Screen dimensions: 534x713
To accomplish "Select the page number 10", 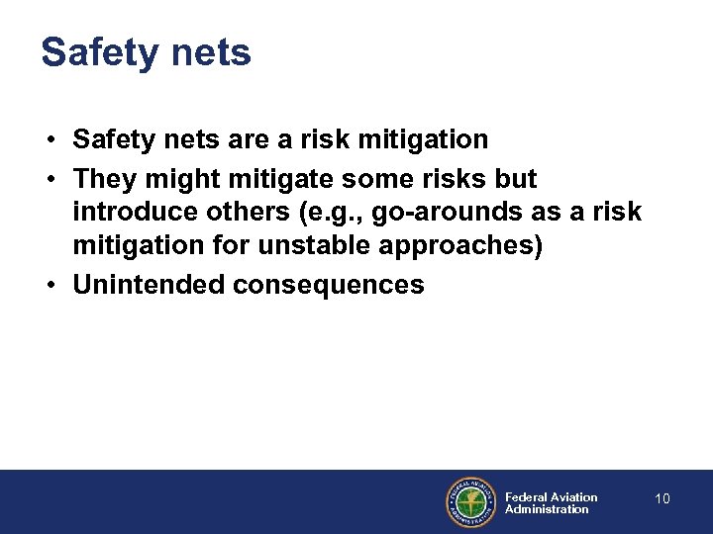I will (x=662, y=498).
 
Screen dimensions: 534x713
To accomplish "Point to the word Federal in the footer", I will (x=525, y=497).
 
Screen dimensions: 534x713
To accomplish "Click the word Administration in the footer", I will (x=547, y=509).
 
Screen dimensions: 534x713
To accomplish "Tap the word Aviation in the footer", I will (x=573, y=497).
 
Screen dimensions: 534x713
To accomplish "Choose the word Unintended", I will (x=149, y=285).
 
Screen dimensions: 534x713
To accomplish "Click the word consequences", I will (x=329, y=285).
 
